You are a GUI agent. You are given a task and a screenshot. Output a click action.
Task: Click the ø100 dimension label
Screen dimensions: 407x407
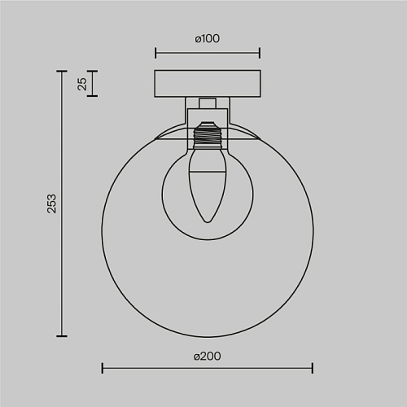pos(208,38)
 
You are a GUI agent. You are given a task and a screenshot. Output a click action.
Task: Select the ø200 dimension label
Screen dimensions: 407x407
pos(208,357)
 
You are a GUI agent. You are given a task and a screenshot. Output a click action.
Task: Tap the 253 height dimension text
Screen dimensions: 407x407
pos(51,203)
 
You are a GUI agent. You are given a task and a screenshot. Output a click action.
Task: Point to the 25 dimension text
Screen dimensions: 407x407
pos(82,84)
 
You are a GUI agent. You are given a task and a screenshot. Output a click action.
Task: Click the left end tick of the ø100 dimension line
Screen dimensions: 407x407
pos(155,53)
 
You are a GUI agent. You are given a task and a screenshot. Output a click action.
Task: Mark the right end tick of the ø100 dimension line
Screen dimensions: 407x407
pos(260,53)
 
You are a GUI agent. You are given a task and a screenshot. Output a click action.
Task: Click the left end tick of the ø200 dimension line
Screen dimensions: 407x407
pos(103,368)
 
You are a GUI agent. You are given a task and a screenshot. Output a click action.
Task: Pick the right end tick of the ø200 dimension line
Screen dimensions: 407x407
pos(313,368)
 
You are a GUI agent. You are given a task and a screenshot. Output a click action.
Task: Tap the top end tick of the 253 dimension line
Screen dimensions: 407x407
pos(62,71)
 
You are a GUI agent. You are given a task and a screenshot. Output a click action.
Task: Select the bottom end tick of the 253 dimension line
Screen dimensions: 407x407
pos(62,336)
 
